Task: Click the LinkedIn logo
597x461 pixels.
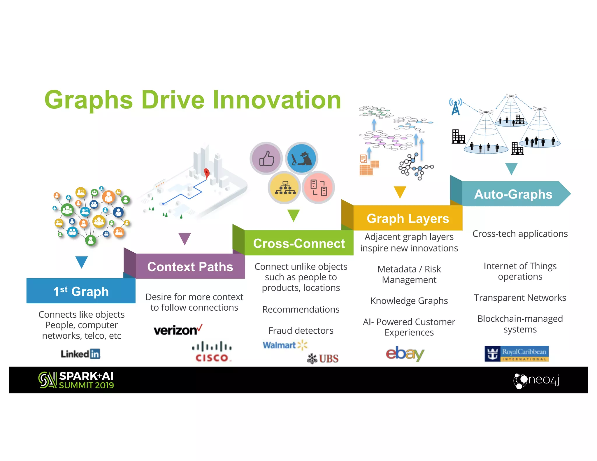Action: pos(80,354)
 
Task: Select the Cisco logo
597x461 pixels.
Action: pos(212,352)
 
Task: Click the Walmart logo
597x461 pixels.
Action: pos(285,345)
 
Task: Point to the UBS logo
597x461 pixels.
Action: pos(323,358)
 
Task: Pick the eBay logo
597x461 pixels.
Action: pos(405,353)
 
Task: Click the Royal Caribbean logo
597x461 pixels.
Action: pos(516,354)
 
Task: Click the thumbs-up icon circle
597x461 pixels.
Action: pos(266,158)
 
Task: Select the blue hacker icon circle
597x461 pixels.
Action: pos(301,158)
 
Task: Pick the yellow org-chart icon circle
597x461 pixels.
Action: pos(284,187)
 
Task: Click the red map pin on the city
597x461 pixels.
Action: pos(207,173)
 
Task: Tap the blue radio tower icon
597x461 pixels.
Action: pos(456,107)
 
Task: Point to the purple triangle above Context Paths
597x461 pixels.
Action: pos(185,238)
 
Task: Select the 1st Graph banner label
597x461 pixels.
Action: pos(81,291)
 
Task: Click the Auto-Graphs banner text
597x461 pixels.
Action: pos(513,194)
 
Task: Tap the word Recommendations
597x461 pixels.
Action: pos(301,309)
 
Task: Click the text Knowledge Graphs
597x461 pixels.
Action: pos(409,300)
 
